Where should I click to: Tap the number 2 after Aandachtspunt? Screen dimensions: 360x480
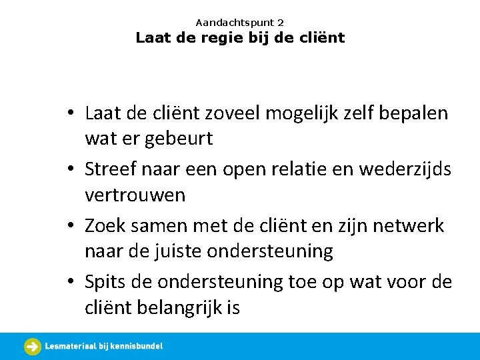pyautogui.click(x=281, y=23)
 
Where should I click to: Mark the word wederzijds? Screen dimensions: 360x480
pyautogui.click(x=415, y=169)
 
